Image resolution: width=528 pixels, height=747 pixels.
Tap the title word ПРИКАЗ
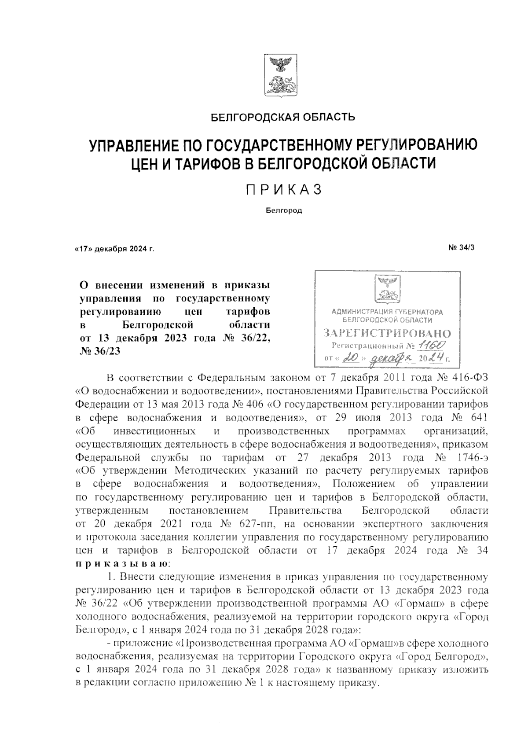284,190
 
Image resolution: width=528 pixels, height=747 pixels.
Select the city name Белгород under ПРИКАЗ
284,211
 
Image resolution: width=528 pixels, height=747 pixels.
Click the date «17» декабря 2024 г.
114,249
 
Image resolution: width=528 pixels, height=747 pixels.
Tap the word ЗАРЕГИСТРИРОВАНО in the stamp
387,333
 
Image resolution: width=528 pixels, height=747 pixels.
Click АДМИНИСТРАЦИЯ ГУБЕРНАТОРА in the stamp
387,312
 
